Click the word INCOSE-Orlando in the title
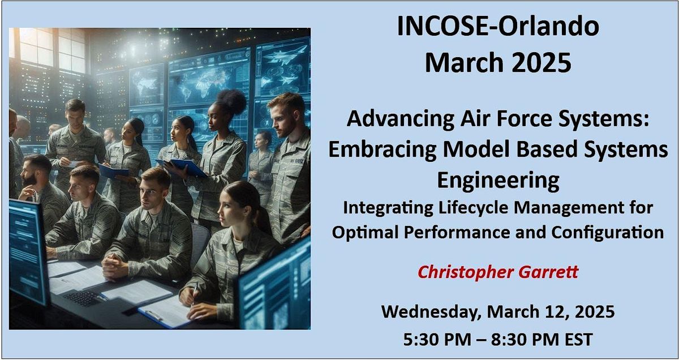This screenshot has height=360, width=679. point(498,27)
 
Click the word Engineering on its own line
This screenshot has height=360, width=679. point(498,181)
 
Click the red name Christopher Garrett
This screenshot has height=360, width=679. point(498,272)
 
